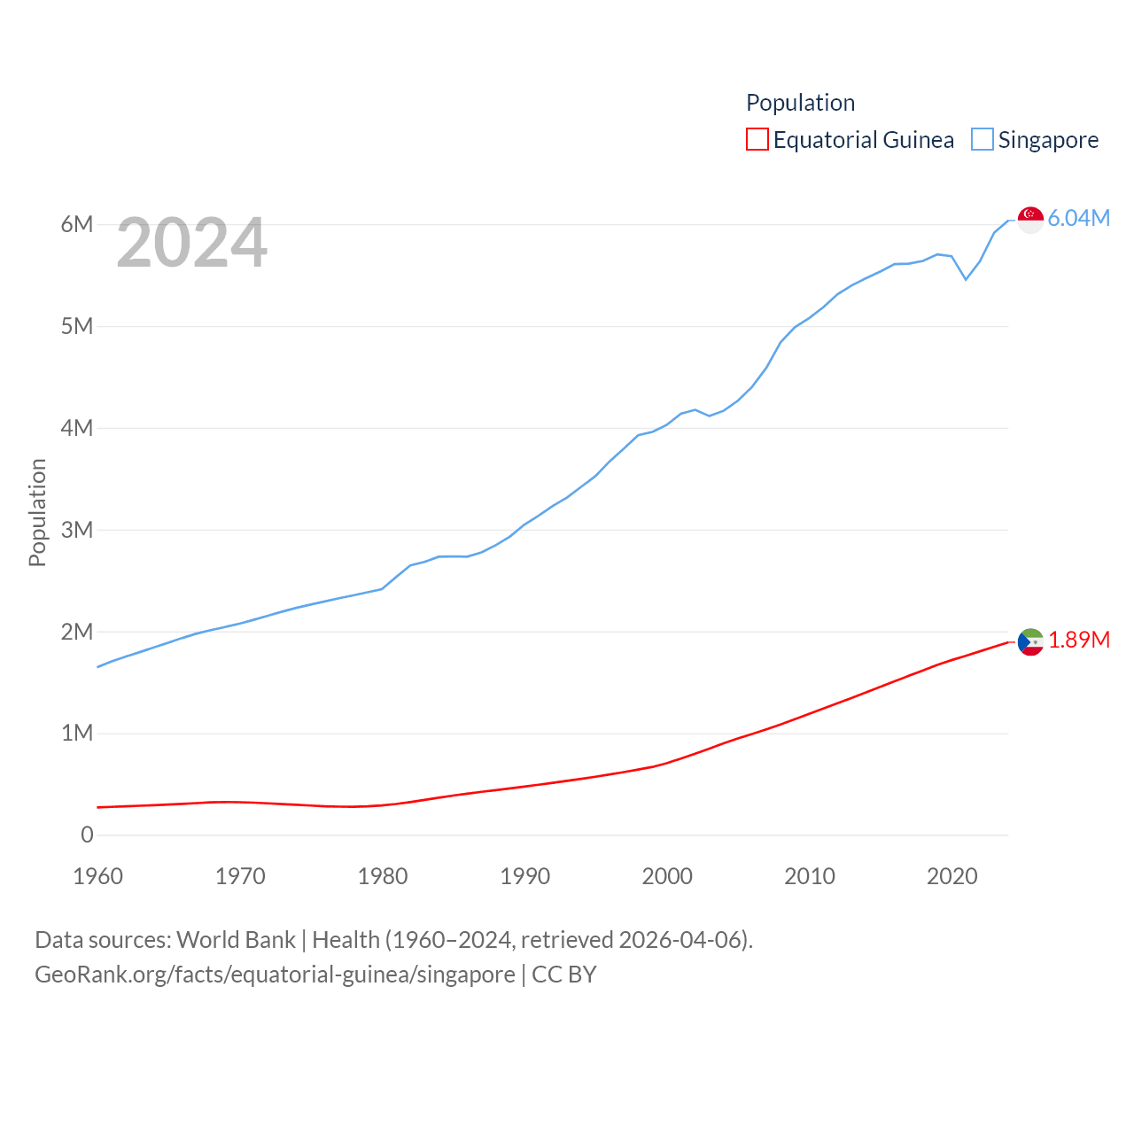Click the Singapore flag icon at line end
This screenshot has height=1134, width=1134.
point(1030,219)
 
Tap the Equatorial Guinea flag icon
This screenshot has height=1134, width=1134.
point(1030,641)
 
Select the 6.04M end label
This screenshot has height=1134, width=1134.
point(1078,218)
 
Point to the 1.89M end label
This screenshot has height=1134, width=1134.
point(1078,640)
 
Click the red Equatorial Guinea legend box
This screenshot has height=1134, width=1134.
point(757,140)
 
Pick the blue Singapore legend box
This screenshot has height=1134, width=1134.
point(982,140)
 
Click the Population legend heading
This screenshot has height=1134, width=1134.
point(800,103)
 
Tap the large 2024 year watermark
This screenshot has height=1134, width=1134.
point(191,243)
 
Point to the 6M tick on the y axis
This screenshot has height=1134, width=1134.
point(77,224)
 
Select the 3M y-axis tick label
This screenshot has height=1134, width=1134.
point(77,530)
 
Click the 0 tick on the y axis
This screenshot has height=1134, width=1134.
point(87,835)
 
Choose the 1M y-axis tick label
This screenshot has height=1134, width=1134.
point(77,733)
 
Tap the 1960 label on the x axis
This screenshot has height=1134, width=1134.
point(97,876)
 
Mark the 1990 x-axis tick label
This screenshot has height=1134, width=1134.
point(524,876)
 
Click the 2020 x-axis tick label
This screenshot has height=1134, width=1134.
point(951,876)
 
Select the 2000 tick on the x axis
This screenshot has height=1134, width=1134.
point(667,876)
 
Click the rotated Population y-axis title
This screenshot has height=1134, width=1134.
point(37,512)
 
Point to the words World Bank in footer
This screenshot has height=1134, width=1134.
point(236,939)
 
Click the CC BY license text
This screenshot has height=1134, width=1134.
point(563,975)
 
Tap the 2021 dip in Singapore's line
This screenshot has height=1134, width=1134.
point(966,279)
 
